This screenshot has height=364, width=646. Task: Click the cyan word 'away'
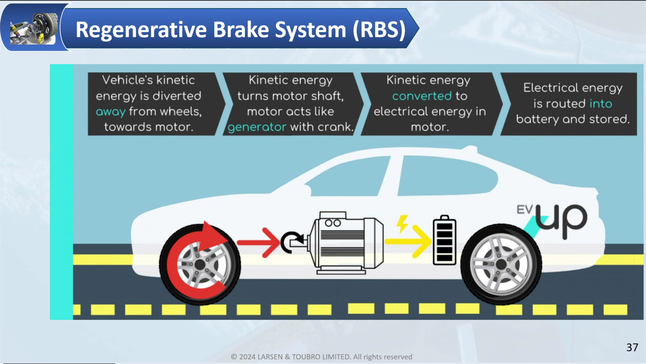110,112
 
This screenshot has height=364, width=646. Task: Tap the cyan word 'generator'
257,127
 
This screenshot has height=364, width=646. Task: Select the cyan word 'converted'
422,96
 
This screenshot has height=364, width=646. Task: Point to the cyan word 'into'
601,104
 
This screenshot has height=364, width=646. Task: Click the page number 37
632,347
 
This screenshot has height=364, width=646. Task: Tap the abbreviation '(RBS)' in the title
379,29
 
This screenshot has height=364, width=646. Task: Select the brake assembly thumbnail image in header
34,28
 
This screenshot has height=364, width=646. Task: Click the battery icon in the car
444,241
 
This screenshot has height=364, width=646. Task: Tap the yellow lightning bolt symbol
402,223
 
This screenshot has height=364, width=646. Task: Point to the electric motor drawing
347,242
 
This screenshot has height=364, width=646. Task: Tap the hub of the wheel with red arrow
200,265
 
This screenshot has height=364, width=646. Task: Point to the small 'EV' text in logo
524,210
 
